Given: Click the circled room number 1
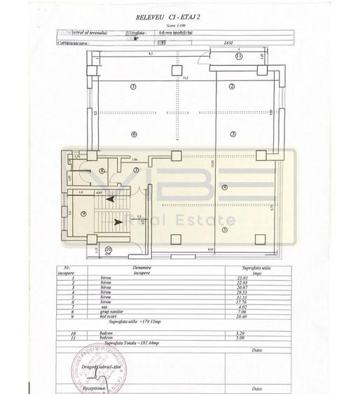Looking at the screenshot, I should pos(133,86).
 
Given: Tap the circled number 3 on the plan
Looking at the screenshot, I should pos(233,134).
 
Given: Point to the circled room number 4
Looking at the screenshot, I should pos(225,187).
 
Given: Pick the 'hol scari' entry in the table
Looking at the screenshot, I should pos(133,316).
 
